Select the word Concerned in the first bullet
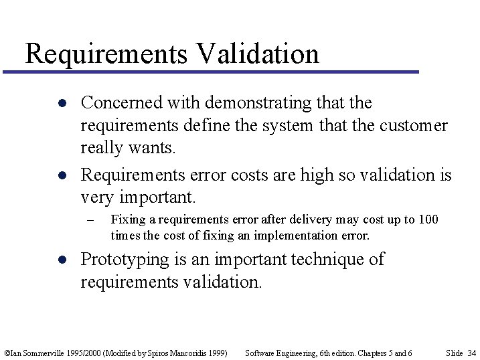[x=121, y=103]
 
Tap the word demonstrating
[x=259, y=103]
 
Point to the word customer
[x=413, y=126]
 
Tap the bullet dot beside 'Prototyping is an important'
[x=60, y=260]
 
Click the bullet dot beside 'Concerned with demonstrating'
[x=60, y=103]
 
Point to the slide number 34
[x=471, y=353]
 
